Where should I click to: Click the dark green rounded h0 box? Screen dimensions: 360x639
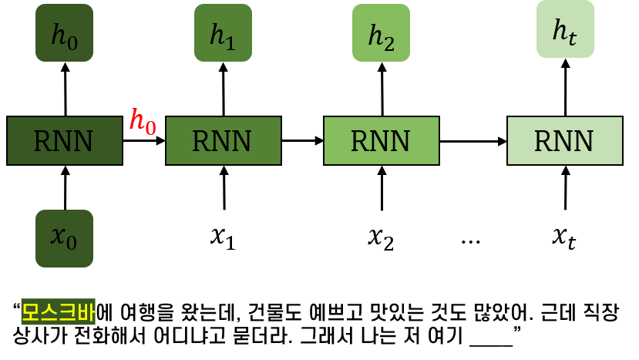(x=64, y=33)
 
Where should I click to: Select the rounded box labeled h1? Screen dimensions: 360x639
(x=223, y=33)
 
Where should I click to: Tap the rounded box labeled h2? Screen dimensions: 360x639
(x=381, y=33)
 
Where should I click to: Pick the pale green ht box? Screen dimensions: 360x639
(x=565, y=29)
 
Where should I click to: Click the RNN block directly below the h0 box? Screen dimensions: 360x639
(x=64, y=141)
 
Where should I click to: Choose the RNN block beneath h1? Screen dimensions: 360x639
(x=223, y=141)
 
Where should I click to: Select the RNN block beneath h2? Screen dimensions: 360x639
(x=381, y=141)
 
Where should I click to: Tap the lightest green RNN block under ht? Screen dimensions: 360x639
(x=564, y=141)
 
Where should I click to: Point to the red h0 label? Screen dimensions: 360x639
(x=143, y=122)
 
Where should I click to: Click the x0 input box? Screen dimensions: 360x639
(x=64, y=238)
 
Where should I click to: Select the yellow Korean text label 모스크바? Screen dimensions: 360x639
(x=58, y=312)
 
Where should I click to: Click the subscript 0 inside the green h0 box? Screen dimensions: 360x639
(x=72, y=42)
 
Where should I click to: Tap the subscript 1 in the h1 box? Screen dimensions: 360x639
(x=230, y=42)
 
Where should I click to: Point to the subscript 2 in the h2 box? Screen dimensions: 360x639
(x=389, y=42)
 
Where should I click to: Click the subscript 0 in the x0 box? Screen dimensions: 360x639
(x=72, y=244)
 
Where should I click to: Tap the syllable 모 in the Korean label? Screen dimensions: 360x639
(x=30, y=312)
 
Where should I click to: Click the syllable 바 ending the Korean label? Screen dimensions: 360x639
(x=86, y=312)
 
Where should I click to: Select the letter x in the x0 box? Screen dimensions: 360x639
(x=58, y=236)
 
